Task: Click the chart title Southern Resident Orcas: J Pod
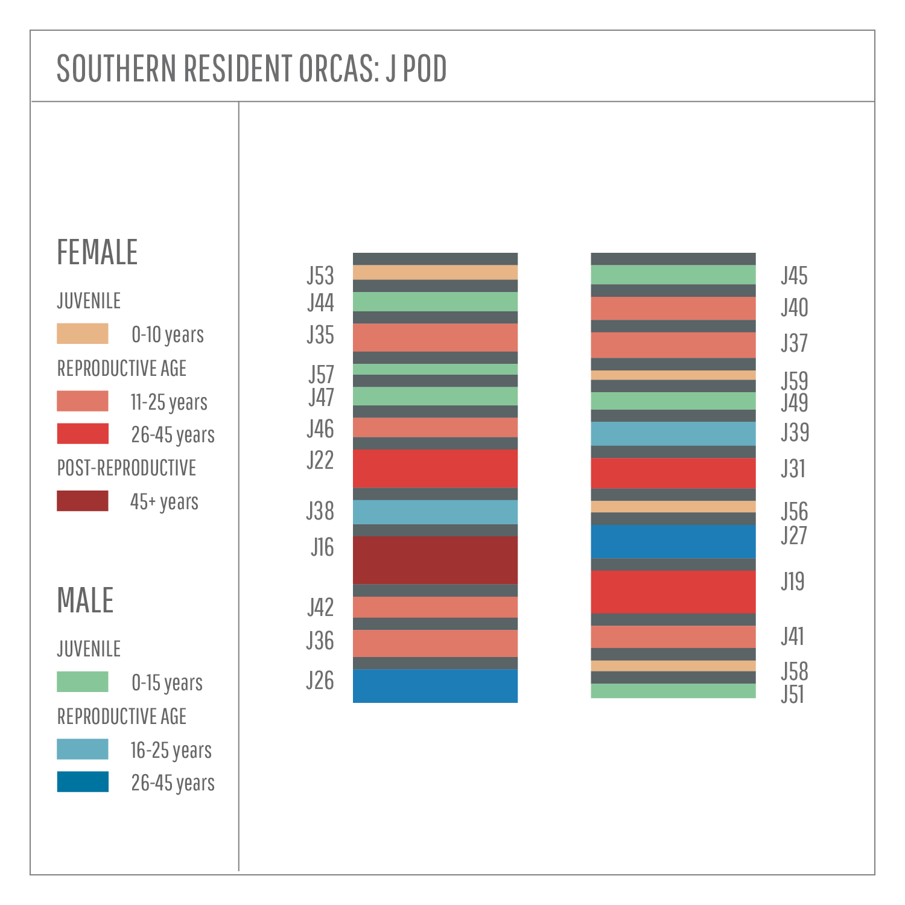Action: click(x=252, y=68)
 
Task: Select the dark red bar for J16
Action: click(x=435, y=560)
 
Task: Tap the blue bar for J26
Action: click(x=435, y=686)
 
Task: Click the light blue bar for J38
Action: click(x=435, y=512)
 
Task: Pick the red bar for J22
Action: click(x=435, y=468)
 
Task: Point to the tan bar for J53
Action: click(x=435, y=272)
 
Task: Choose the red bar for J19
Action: click(x=673, y=592)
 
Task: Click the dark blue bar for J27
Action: click(x=673, y=541)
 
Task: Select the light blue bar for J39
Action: click(x=673, y=433)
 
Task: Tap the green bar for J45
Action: click(x=673, y=275)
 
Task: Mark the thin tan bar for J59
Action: click(x=673, y=375)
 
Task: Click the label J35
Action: click(x=320, y=335)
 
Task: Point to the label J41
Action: click(x=792, y=637)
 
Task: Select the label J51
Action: click(x=792, y=695)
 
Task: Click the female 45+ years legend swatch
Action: click(x=83, y=501)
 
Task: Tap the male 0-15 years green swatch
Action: click(x=83, y=682)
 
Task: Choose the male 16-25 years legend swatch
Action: click(x=83, y=749)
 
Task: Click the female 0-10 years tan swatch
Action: click(x=83, y=334)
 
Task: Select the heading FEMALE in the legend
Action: click(x=97, y=252)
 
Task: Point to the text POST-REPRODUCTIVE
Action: click(x=127, y=468)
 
